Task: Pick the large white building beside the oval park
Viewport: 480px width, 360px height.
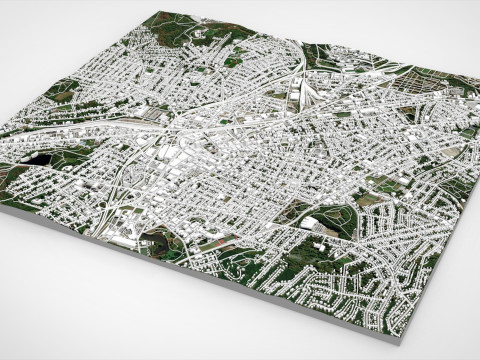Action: [x=318, y=223]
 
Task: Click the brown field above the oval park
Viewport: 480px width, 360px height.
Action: [x=385, y=185]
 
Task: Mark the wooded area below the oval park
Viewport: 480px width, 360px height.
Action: [x=330, y=250]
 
